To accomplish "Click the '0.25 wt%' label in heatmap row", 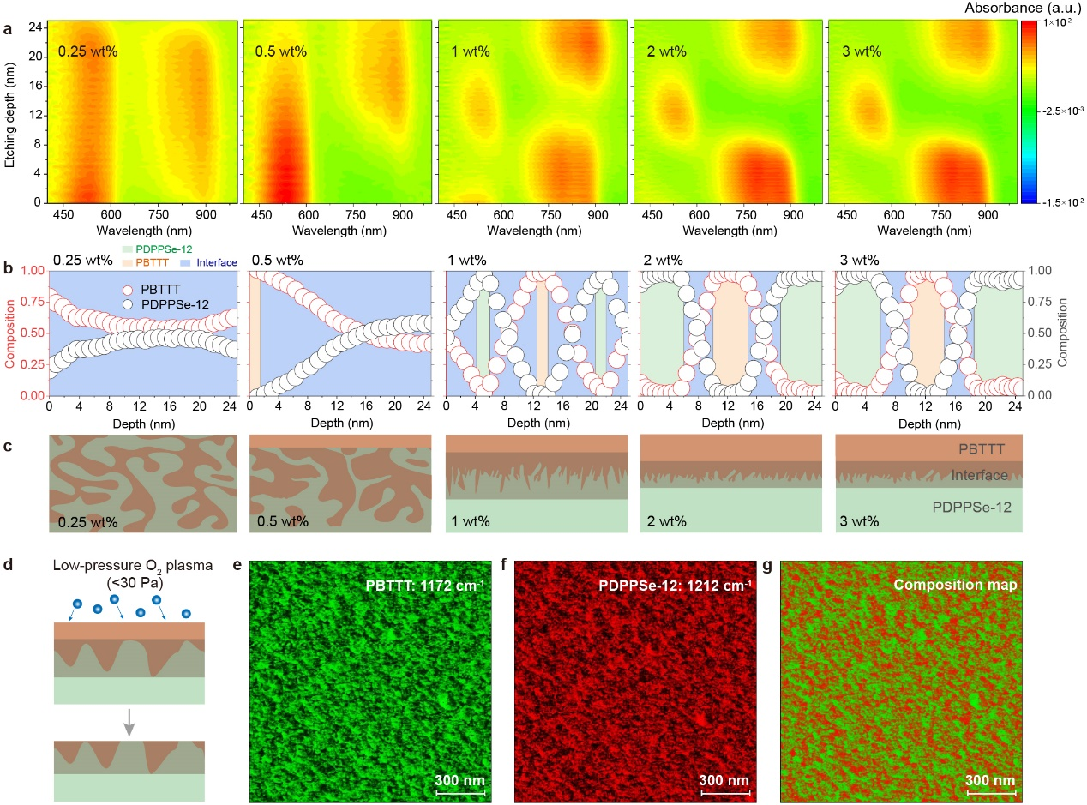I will click(x=87, y=51).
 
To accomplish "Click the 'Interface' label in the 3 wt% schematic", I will click(x=971, y=475).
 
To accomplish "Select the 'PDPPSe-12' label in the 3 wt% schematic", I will click(x=971, y=507).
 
